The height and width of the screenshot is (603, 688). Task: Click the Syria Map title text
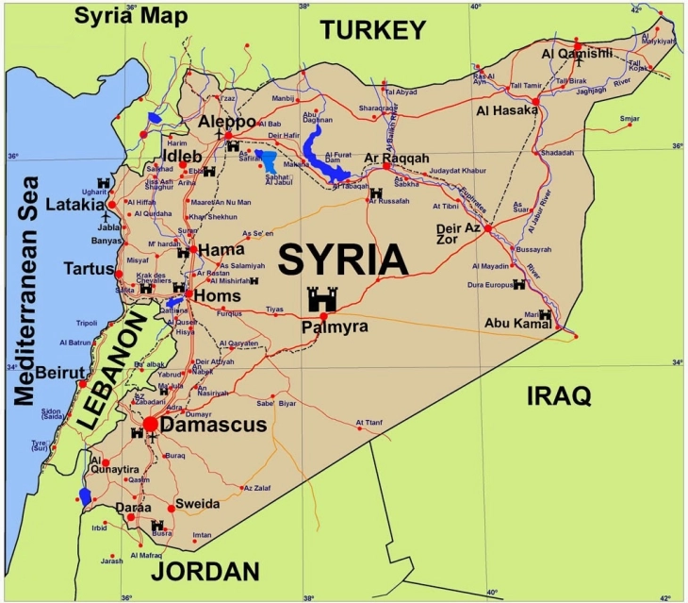click(131, 15)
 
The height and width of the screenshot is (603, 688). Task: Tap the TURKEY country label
click(373, 30)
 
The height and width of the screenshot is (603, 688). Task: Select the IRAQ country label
click(558, 394)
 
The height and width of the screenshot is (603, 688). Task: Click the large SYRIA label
click(343, 260)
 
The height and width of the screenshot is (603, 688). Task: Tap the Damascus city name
click(214, 426)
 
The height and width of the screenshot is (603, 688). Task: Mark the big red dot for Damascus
click(151, 424)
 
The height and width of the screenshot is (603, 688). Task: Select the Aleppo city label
click(226, 124)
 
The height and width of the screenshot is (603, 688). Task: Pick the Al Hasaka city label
click(508, 110)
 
